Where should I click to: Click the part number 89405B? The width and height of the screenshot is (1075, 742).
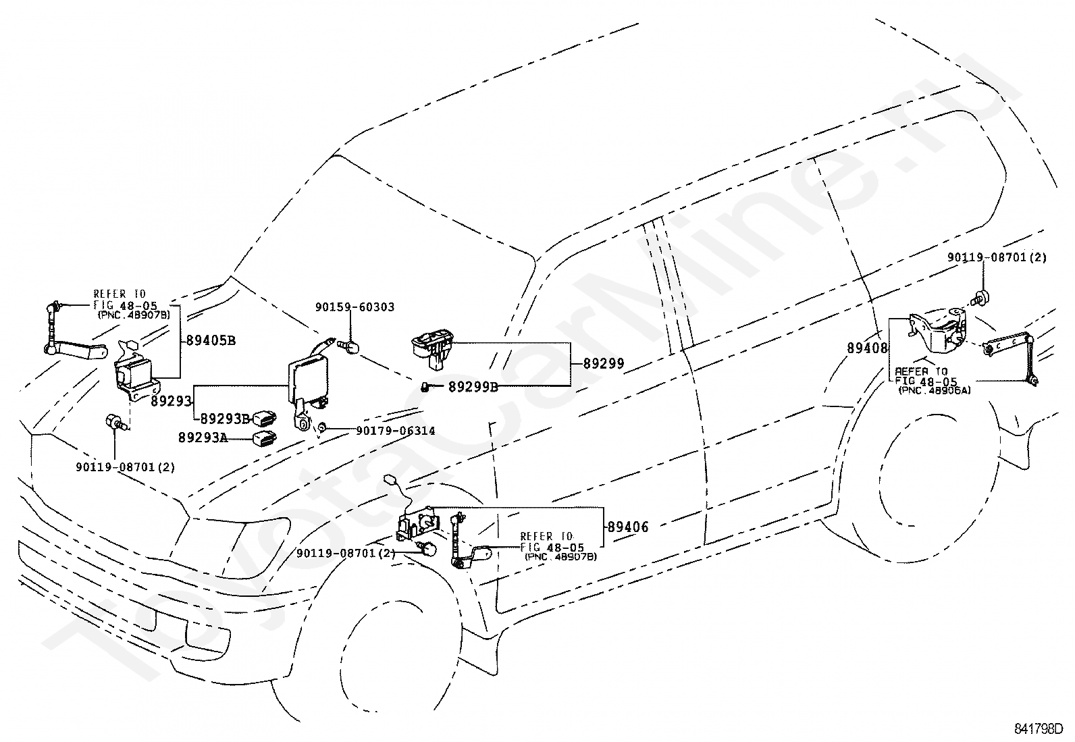click(211, 340)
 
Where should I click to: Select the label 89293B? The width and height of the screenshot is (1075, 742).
click(225, 419)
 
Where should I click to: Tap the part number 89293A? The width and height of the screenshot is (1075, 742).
click(203, 438)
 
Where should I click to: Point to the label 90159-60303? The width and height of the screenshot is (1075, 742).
click(355, 307)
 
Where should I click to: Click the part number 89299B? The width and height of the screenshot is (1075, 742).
click(473, 387)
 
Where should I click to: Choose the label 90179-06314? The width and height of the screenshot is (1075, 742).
click(396, 431)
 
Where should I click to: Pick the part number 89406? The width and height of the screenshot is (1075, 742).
click(628, 527)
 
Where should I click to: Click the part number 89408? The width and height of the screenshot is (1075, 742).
click(867, 348)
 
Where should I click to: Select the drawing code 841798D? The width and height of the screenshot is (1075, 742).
click(1039, 729)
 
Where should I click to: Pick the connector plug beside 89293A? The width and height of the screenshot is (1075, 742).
click(265, 438)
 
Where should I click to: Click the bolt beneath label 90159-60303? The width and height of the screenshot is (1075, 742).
click(350, 346)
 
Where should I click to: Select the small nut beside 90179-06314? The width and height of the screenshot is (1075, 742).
click(323, 427)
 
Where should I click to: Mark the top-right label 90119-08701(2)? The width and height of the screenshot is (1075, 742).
click(997, 257)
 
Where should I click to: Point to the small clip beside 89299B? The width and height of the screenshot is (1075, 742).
click(425, 387)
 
